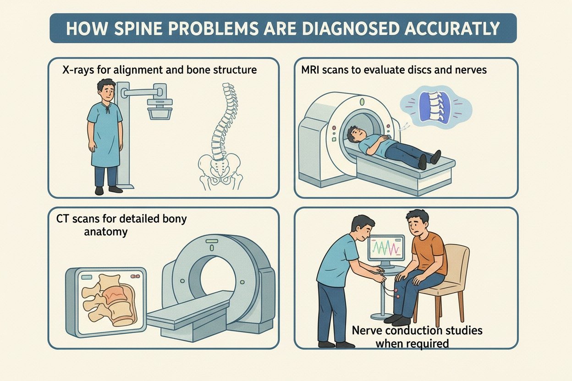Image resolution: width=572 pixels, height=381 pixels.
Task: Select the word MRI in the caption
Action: pyautogui.click(x=312, y=71)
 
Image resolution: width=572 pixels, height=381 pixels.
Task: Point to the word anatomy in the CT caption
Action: pyautogui.click(x=105, y=232)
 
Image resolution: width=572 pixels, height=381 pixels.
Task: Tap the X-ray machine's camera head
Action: pyautogui.click(x=159, y=107)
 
